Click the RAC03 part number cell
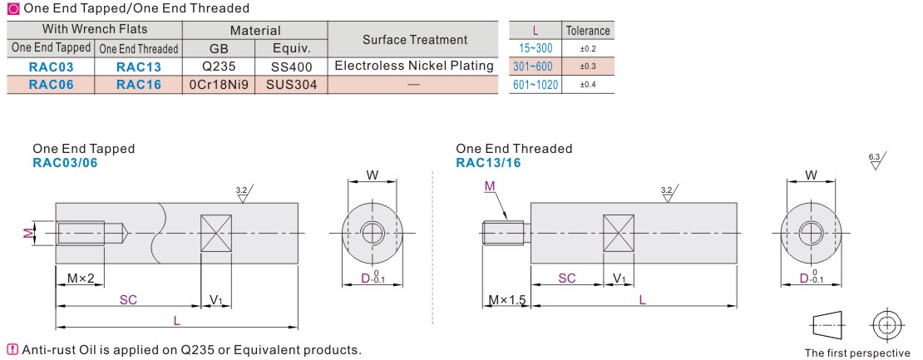[x=52, y=67]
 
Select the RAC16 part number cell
[x=138, y=85]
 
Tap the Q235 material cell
[x=219, y=67]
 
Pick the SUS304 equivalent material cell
[x=291, y=85]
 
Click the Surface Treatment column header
[x=414, y=40]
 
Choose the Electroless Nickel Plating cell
[x=414, y=66]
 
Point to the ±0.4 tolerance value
[x=588, y=85]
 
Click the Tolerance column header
[x=588, y=31]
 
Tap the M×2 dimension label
[x=80, y=279]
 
